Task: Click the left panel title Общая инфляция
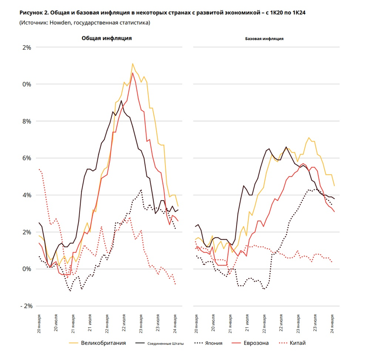coord(107,38)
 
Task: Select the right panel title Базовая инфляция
coord(264,39)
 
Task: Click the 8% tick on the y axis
coord(27,121)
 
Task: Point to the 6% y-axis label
coord(27,158)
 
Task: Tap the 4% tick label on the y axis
coord(27,195)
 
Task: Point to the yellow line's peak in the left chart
coord(133,64)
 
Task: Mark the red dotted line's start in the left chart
coord(39,170)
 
